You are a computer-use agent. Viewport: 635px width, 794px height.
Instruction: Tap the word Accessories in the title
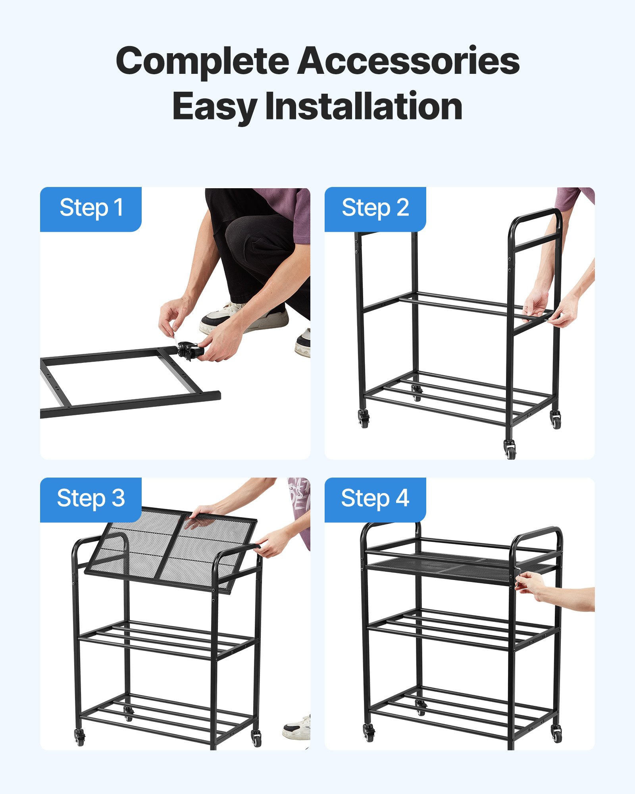click(x=408, y=62)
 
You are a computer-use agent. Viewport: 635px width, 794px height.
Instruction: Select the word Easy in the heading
click(x=214, y=106)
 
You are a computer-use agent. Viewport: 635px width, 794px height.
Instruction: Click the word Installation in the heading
click(x=364, y=106)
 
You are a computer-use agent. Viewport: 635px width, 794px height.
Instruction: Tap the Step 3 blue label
click(x=91, y=499)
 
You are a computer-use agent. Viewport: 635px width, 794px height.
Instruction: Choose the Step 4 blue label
click(x=375, y=499)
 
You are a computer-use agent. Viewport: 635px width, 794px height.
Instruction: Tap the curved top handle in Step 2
click(x=536, y=216)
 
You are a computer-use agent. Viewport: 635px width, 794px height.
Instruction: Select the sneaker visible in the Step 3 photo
click(x=297, y=728)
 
